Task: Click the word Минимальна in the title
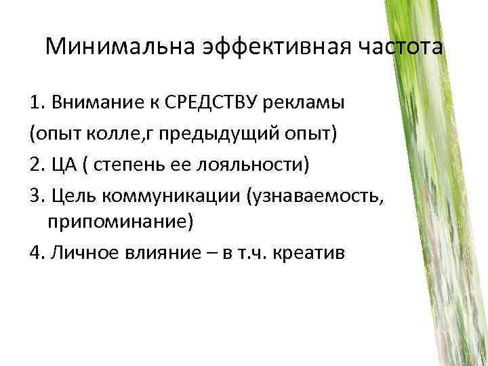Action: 119,47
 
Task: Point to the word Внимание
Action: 89,104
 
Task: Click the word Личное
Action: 81,252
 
